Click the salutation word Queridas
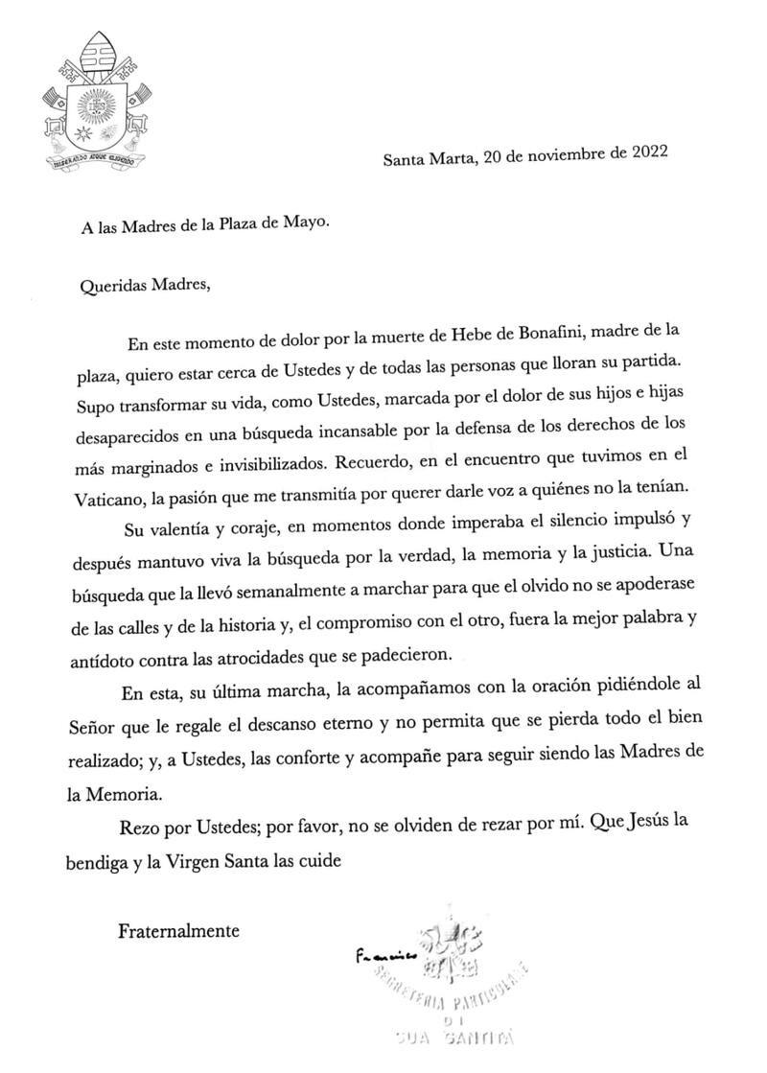pos(113,285)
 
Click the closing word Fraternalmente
pos(177,929)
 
